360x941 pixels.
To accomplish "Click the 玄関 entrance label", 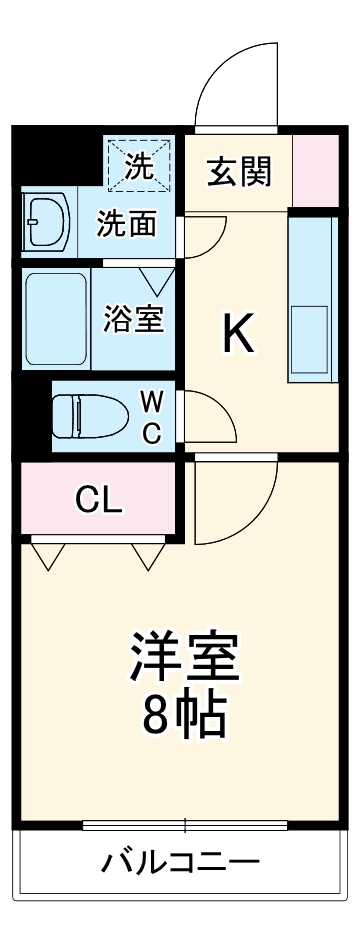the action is coord(239,172).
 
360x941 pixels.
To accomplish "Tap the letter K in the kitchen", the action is coord(238,335).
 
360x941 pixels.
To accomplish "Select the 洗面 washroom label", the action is coord(127,223).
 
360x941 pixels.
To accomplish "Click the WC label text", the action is coord(150,416).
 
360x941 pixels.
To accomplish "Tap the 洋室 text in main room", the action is coord(184,655).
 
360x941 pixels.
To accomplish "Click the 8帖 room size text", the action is coord(184,712).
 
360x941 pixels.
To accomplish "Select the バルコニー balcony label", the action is coord(181,862).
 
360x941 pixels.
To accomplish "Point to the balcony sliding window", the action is coord(185,825).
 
